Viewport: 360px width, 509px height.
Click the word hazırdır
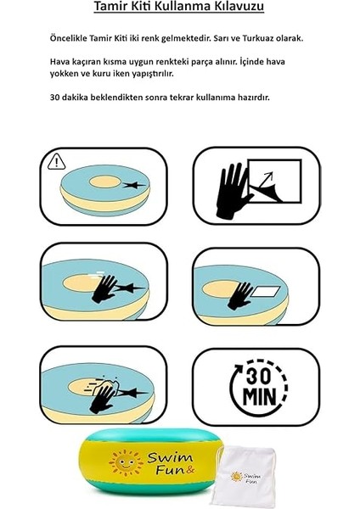pyautogui.click(x=251, y=97)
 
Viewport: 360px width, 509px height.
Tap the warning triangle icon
pyautogui.click(x=57, y=160)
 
